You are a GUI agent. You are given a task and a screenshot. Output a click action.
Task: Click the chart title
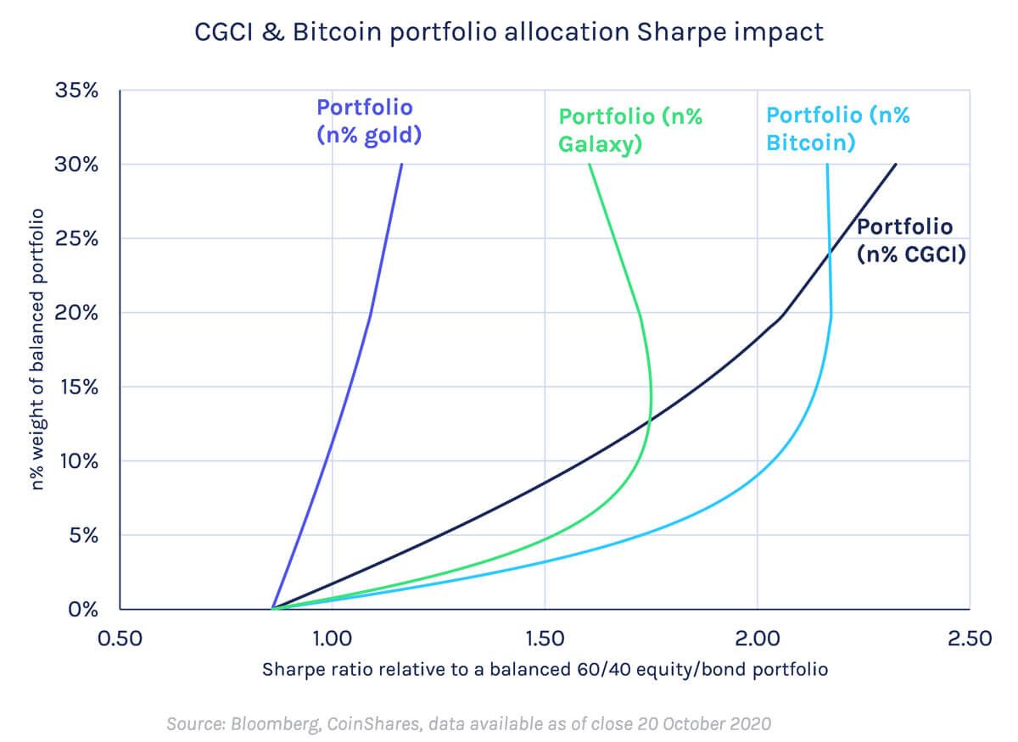click(x=508, y=31)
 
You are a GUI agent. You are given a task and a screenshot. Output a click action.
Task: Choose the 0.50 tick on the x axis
click(x=119, y=638)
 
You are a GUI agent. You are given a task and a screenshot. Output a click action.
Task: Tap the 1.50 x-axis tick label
click(x=544, y=638)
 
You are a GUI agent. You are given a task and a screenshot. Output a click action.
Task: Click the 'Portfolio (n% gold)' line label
click(x=369, y=120)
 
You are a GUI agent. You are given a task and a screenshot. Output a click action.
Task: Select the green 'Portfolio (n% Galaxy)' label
click(x=630, y=130)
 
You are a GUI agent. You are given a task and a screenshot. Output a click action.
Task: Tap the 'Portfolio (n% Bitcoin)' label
click(x=838, y=128)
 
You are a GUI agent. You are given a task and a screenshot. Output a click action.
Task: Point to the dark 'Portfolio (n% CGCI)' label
click(x=911, y=240)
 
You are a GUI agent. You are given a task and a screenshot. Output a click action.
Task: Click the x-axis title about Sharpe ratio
click(x=544, y=669)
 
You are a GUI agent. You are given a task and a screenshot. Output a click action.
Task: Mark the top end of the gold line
click(x=401, y=165)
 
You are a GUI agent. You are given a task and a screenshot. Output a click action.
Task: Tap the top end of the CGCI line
click(x=896, y=165)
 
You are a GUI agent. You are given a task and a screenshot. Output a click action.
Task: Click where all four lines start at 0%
click(x=272, y=609)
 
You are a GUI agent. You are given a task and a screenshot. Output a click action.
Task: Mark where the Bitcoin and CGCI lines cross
click(x=829, y=253)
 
